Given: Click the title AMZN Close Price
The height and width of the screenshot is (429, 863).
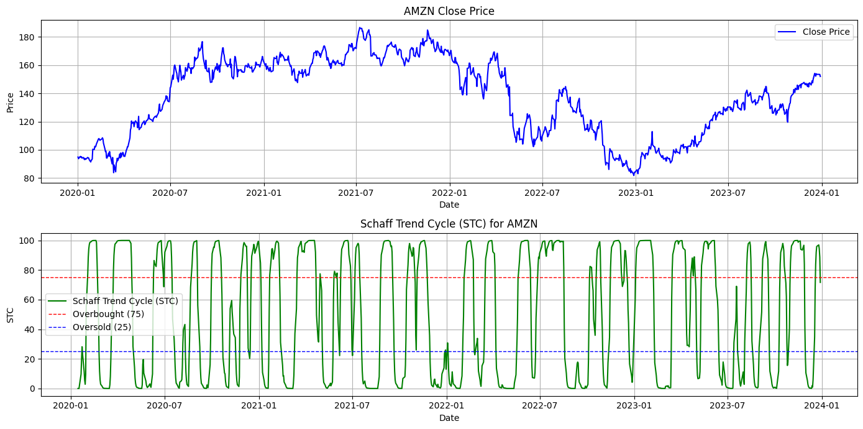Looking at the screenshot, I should [449, 11].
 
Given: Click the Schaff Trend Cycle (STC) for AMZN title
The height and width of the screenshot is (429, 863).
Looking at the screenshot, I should [449, 224].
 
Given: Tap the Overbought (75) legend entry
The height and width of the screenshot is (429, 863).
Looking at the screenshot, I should [108, 314].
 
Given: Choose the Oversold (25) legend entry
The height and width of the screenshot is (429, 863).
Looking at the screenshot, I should [102, 327].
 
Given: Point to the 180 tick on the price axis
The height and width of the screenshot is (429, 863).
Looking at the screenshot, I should [29, 37].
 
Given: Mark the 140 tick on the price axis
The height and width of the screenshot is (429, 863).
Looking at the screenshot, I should [29, 94].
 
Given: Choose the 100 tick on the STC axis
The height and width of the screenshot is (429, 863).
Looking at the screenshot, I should [29, 241].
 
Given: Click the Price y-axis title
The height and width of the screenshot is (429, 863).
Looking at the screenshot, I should [10, 103].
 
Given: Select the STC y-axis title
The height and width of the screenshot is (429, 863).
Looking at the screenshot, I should [10, 315].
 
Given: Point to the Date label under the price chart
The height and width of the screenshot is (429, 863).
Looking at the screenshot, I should [449, 205].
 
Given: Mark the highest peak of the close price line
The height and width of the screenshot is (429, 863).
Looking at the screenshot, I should [360, 27].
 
